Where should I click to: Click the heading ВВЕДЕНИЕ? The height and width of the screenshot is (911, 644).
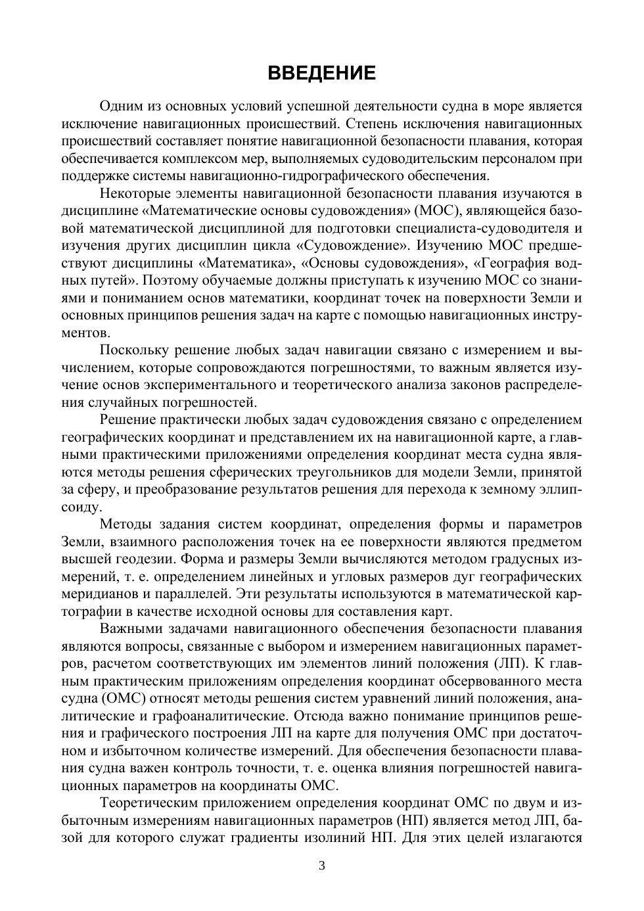[x=322, y=73]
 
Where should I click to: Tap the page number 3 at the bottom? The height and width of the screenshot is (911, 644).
[x=322, y=865]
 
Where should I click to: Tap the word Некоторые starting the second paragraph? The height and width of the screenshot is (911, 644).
[x=135, y=193]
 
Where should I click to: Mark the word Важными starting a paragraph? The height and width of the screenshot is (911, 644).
[x=127, y=628]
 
